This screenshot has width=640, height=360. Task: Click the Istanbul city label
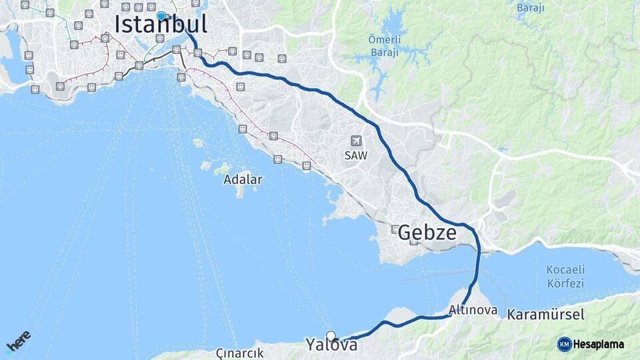click(161, 25)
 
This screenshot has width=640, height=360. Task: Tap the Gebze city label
click(427, 233)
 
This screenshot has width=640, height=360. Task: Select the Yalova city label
click(331, 345)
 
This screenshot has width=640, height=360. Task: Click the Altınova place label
click(473, 310)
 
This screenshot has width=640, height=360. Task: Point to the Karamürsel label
click(545, 314)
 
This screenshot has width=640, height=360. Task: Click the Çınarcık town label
click(240, 352)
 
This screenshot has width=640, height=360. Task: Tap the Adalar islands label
click(243, 179)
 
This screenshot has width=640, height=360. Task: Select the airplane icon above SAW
click(356, 141)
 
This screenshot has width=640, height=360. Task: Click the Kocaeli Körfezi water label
click(565, 276)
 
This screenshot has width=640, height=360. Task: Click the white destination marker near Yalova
click(331, 335)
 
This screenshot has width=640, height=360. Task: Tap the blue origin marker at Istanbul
click(161, 16)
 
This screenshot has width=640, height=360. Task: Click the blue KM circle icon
click(564, 344)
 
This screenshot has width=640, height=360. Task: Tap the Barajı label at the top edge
click(531, 8)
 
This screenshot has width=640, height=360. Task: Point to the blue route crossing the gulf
click(477, 267)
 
